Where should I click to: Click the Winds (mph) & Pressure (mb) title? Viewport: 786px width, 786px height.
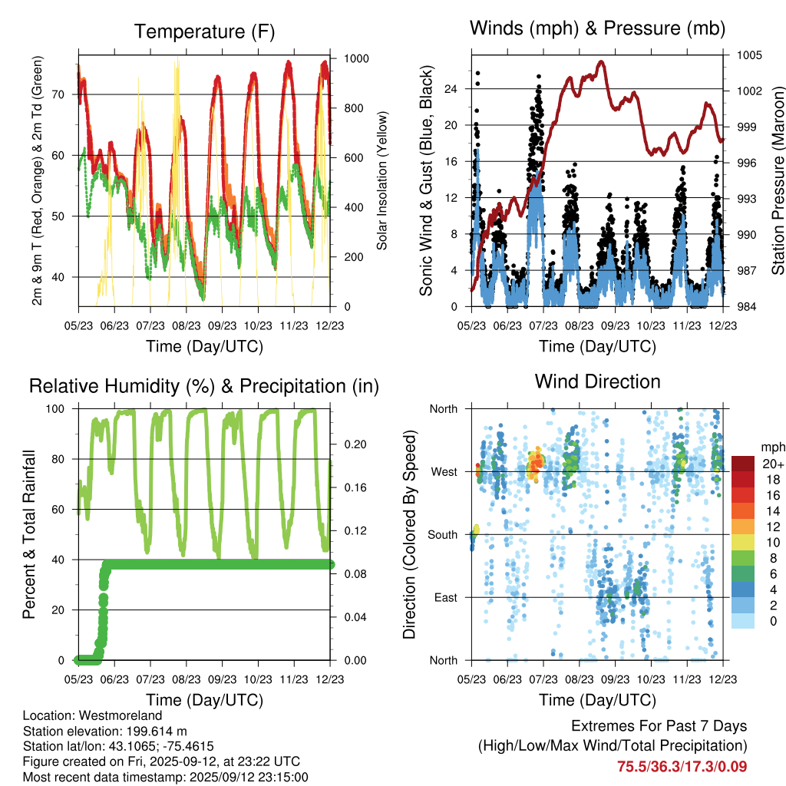597,29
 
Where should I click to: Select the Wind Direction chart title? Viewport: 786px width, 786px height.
597,381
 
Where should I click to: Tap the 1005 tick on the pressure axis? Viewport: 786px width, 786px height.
748,55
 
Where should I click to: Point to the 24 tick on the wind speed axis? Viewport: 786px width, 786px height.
451,89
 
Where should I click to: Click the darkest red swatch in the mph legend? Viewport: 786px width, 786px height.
742,463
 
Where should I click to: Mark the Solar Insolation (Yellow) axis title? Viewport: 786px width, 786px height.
381,180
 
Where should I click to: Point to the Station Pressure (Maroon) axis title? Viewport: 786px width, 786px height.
777,180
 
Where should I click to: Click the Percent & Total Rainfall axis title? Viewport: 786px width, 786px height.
29,534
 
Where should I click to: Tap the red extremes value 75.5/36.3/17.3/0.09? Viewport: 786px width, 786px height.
682,766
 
